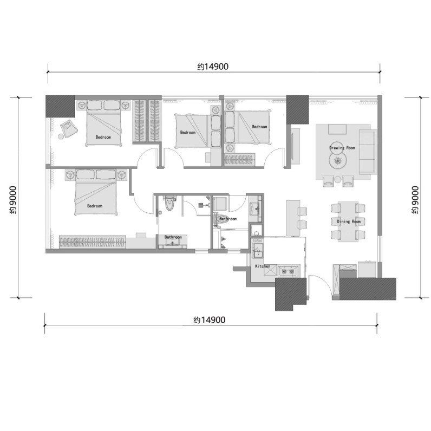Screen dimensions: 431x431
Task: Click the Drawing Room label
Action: pos(342,148)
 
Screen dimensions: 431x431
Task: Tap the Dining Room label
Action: pos(349,221)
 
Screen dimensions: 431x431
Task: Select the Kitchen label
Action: pos(263,266)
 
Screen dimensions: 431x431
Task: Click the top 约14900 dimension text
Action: pos(213,67)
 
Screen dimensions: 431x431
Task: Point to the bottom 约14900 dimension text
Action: pos(209,320)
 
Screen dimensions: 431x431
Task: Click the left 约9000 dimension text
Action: pos(13,200)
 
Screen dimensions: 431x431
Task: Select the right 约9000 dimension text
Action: pos(415,200)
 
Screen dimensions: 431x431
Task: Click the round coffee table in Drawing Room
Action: pos(338,160)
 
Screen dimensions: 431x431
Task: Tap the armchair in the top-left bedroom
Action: pos(69,128)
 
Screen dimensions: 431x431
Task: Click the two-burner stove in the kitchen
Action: pos(288,271)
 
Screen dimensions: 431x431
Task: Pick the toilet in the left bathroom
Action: pos(169,203)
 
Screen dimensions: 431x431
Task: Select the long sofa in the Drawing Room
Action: pos(368,152)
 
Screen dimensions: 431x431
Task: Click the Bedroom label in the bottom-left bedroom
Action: pos(95,206)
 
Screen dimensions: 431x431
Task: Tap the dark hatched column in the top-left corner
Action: pos(60,106)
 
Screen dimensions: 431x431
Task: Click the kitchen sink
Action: pos(258,250)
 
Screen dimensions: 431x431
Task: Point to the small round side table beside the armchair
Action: pos(61,136)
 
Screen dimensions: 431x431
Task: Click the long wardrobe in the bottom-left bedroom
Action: pos(93,242)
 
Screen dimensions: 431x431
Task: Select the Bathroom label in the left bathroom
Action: pos(173,237)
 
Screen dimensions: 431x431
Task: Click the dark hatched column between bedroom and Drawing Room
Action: pos(297,109)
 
